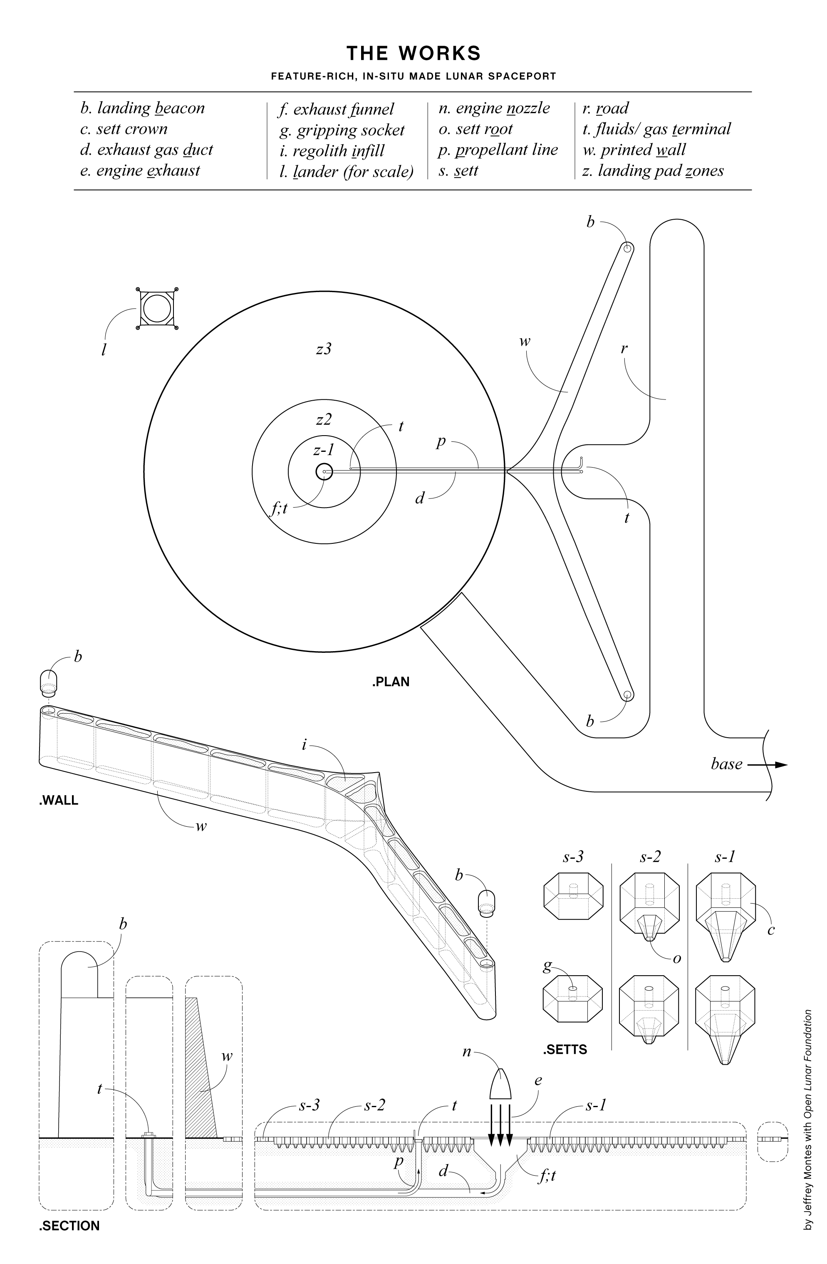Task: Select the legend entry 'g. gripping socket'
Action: pyautogui.click(x=342, y=130)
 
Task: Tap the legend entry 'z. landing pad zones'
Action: pyautogui.click(x=653, y=171)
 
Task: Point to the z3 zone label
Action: pyautogui.click(x=324, y=349)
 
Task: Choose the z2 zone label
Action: pyautogui.click(x=324, y=419)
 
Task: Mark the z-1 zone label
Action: pyautogui.click(x=324, y=450)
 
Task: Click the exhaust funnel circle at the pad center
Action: pyautogui.click(x=324, y=471)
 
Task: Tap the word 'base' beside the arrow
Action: pyautogui.click(x=726, y=764)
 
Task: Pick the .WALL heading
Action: pyautogui.click(x=58, y=801)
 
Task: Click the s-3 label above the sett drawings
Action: pyautogui.click(x=573, y=857)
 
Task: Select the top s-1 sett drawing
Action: pyautogui.click(x=726, y=915)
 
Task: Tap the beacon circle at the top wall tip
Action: pyautogui.click(x=627, y=248)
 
